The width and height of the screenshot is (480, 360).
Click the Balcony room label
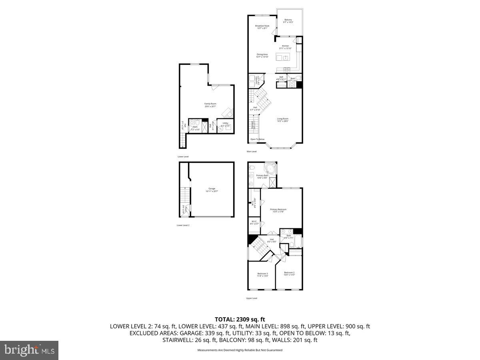(288, 21)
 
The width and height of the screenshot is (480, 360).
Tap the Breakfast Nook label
(262, 27)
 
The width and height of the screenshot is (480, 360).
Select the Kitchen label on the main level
(285, 47)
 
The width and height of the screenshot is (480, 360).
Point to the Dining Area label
(262, 56)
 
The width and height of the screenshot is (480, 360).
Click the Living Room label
(283, 120)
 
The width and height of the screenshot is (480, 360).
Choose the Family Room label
(210, 105)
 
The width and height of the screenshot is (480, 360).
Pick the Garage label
(212, 190)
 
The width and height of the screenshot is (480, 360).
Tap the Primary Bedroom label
(278, 210)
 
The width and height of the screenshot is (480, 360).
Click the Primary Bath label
(262, 176)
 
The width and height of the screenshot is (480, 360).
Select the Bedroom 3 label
(262, 274)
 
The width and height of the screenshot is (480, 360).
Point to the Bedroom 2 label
(289, 274)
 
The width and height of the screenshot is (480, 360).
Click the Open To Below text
(258, 139)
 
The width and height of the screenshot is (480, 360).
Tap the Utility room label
(226, 124)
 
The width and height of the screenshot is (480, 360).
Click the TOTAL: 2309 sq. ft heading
(240, 319)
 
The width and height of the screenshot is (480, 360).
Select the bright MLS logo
(29, 350)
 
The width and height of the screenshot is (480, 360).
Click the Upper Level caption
(252, 298)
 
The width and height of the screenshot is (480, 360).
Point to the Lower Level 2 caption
(183, 225)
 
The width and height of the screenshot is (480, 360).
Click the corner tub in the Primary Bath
(271, 169)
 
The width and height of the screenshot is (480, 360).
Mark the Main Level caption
(252, 152)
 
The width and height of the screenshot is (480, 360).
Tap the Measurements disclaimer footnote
(240, 350)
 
